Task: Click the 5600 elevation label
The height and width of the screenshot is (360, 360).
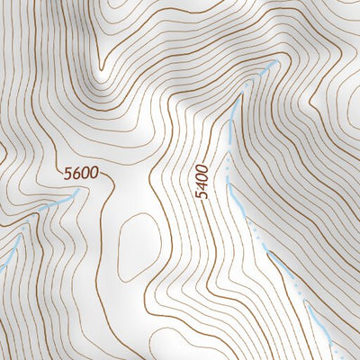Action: click(x=80, y=173)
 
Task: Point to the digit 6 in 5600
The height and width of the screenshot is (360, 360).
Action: click(x=75, y=173)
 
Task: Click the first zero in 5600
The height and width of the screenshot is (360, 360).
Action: click(x=84, y=173)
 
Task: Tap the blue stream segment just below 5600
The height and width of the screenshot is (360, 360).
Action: click(x=54, y=205)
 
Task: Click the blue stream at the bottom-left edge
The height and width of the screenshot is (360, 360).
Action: click(x=7, y=256)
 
